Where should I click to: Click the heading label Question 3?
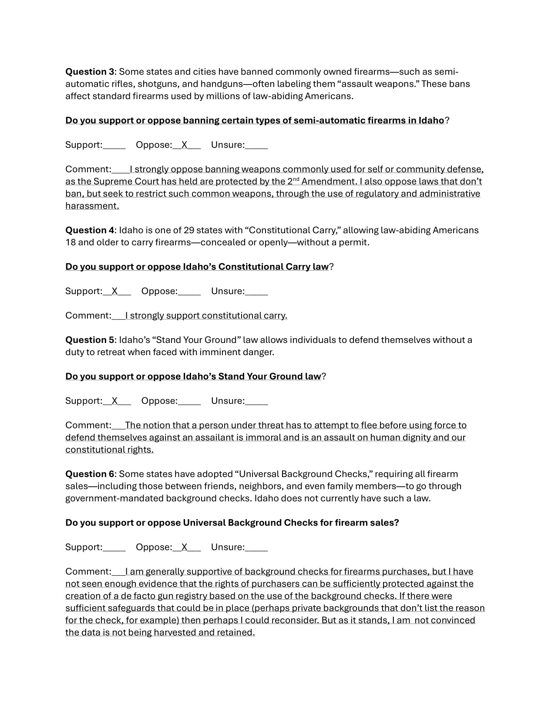90,71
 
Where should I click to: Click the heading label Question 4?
90,230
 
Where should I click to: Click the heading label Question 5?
90,340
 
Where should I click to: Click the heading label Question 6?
90,474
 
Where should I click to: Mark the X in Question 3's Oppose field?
185,145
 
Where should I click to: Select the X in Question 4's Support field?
114,292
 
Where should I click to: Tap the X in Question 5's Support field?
114,401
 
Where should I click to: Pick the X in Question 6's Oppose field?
185,548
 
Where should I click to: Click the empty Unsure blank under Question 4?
256,292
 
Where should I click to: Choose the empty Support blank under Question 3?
114,145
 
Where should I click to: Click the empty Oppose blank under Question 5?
189,401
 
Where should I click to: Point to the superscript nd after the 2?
295,179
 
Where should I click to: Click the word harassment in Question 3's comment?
92,206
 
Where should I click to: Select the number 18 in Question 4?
70,242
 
